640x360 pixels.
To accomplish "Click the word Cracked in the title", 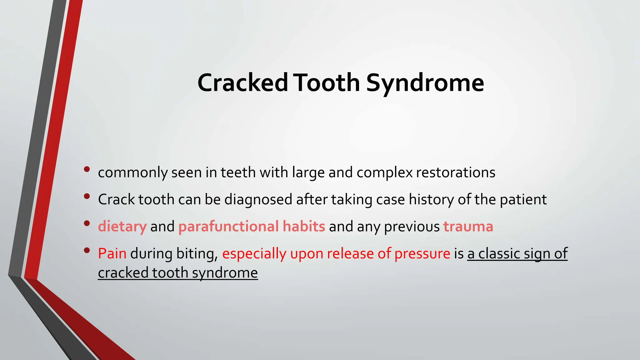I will point(242,83).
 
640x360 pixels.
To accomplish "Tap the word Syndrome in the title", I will point(425,83).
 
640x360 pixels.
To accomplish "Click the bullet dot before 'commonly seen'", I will point(87,169).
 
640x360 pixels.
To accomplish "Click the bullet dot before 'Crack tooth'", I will point(87,196).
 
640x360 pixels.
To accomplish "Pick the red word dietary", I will point(122,227).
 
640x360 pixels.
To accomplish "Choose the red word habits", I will point(304,227).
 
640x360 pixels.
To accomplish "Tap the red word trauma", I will point(468,227).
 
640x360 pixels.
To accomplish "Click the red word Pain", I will point(112,253).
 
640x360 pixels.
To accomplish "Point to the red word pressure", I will point(422,253).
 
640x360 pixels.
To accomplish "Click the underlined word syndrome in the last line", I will point(225,273).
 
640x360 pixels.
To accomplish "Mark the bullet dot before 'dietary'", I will point(87,223).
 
